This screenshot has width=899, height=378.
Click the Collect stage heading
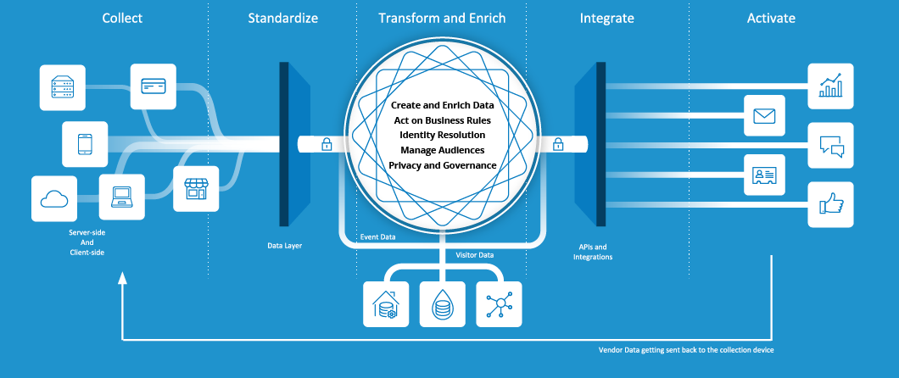click(x=122, y=18)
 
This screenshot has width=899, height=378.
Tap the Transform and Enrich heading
click(x=442, y=18)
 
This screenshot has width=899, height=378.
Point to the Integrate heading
click(x=606, y=18)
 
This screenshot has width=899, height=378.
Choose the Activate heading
click(x=771, y=18)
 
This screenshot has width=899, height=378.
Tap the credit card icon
click(x=154, y=86)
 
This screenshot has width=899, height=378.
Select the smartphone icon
click(x=85, y=143)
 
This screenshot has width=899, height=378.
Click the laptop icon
click(x=122, y=197)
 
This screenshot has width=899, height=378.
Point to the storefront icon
click(x=196, y=188)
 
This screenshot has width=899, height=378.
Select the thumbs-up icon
click(x=830, y=204)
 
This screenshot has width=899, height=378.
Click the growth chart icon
click(x=830, y=86)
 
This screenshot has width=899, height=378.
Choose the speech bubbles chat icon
click(x=830, y=145)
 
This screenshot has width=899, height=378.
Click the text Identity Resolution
click(x=442, y=135)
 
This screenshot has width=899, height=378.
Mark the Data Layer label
click(x=284, y=246)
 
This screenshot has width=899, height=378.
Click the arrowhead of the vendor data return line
click(x=123, y=277)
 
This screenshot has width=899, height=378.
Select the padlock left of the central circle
click(x=327, y=145)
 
